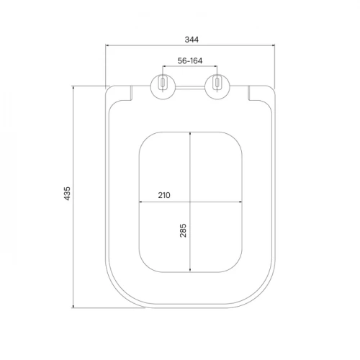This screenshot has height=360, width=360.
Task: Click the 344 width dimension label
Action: click(192, 40)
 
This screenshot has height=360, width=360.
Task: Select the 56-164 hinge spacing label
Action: click(190, 60)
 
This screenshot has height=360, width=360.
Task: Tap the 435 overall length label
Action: click(67, 194)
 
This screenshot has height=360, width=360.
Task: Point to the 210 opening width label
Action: click(164, 195)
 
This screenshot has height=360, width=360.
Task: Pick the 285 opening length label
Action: click(183, 230)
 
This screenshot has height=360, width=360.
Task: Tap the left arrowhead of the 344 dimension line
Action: click(107, 45)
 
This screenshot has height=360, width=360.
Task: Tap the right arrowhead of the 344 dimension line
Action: click(273, 45)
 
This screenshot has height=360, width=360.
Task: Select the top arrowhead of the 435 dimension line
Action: click(73, 88)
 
